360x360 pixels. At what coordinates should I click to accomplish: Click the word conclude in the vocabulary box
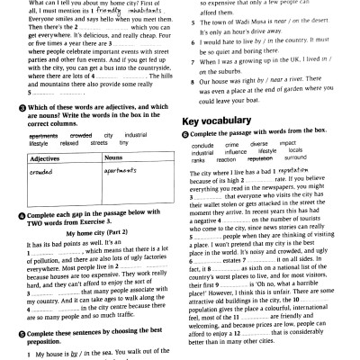202,144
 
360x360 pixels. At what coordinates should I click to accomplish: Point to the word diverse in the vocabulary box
259,144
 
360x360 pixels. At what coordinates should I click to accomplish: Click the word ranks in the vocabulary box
198,157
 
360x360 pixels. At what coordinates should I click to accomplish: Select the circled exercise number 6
185,133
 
